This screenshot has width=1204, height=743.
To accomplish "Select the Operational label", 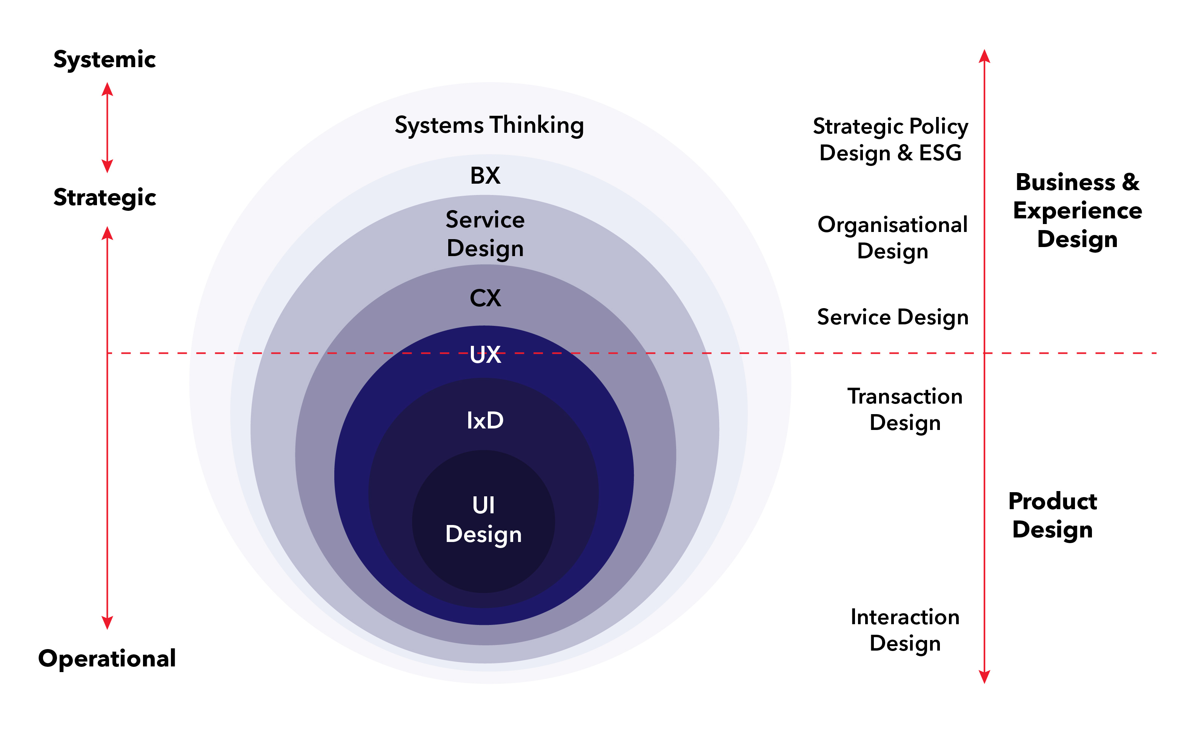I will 107,659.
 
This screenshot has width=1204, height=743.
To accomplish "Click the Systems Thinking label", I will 489,125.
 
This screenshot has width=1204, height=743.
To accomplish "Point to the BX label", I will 485,176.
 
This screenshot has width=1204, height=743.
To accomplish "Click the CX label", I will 485,298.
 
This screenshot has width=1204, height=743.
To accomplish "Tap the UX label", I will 485,354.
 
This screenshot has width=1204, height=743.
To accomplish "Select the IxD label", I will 485,421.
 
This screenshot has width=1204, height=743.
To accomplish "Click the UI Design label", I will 483,520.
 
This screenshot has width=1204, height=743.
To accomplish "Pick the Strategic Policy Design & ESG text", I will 890,140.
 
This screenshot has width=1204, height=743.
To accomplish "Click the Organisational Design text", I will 892,238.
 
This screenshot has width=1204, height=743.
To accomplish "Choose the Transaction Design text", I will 904,409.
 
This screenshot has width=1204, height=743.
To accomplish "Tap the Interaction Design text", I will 904,630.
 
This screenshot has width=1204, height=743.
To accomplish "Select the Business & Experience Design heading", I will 1077,211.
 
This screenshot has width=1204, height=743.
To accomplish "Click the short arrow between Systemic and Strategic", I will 107,128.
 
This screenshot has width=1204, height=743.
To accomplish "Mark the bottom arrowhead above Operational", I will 107,623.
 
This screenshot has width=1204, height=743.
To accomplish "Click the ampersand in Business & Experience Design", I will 1131,182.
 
